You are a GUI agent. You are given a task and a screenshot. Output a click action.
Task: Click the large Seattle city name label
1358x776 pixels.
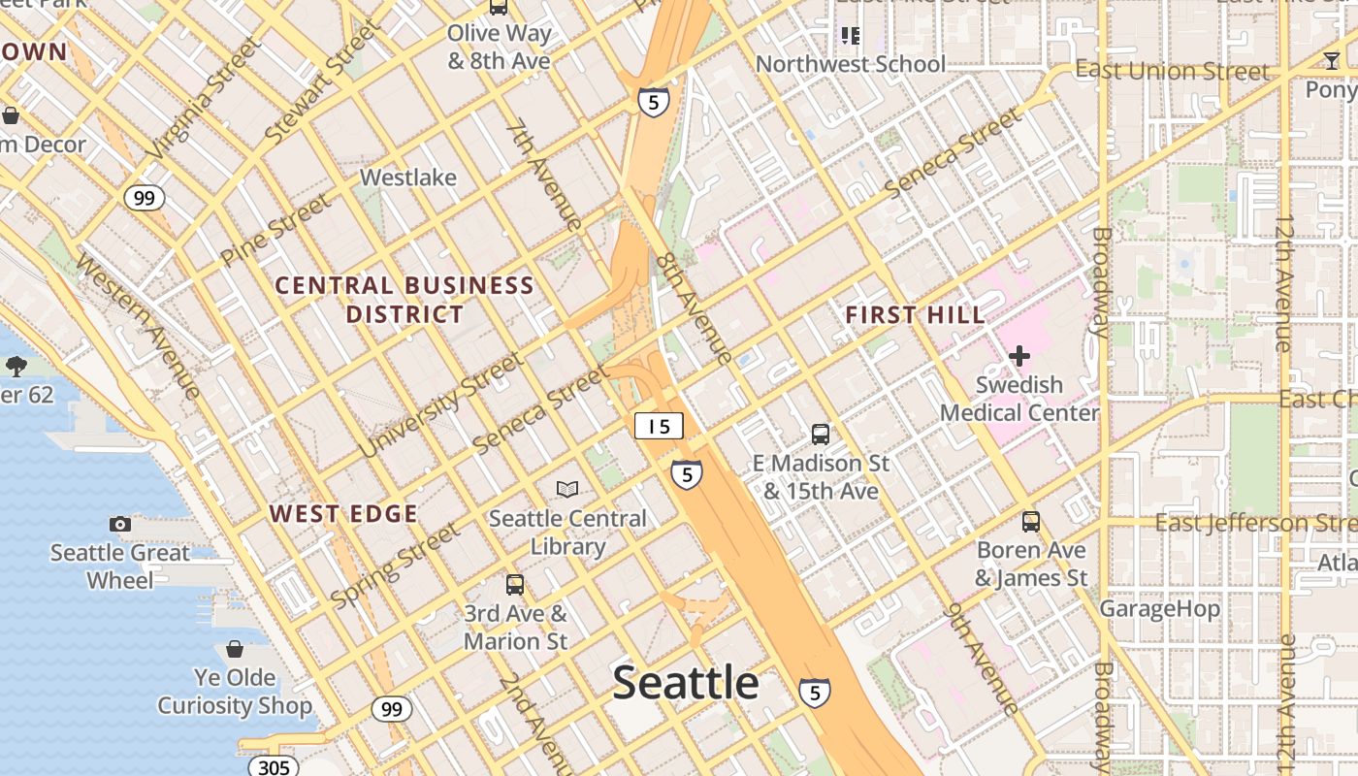coord(686,683)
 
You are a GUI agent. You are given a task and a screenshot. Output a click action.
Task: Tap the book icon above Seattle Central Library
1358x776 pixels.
coord(567,490)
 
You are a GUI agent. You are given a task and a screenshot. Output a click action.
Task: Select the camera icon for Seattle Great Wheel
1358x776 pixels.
coord(120,524)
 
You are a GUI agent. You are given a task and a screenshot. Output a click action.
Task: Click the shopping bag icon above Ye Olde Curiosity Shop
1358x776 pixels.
coord(235,648)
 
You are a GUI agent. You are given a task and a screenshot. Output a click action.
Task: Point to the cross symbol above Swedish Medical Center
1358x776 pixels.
coord(1018,356)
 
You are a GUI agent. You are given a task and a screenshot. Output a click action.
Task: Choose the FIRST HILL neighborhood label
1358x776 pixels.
coord(915,315)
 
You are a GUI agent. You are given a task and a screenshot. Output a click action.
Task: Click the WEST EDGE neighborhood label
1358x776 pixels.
coord(343,514)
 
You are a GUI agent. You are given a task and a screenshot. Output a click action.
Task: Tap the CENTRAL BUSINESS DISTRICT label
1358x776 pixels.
coord(404,300)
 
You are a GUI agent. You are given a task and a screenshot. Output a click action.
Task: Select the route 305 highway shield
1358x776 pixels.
coord(274,767)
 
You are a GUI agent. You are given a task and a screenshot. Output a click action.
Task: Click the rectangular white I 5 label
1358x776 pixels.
coord(660,426)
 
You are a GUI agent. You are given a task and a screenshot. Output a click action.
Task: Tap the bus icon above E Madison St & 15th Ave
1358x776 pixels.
coord(821,435)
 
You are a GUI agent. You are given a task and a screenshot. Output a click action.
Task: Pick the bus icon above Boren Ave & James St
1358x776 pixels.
coord(1031,521)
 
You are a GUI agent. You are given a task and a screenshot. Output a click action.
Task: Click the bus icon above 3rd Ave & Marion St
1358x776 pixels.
coord(515,585)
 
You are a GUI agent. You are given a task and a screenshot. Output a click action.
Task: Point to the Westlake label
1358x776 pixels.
coord(408,178)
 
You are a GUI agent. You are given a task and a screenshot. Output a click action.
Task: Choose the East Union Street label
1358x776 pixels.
coord(1172,71)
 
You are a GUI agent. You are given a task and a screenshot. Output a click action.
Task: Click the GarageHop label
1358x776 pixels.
coord(1159,609)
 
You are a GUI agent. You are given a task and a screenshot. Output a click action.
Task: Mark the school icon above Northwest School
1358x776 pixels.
coord(851,37)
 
